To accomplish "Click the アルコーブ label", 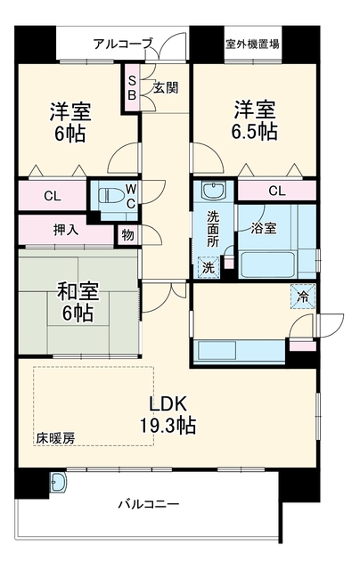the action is (x=123, y=44).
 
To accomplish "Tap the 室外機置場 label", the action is (x=253, y=45).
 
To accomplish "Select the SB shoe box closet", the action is (x=132, y=88).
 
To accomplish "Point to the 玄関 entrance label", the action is (x=166, y=87).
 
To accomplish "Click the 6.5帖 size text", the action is (x=255, y=131).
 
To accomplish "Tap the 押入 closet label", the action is (x=66, y=230).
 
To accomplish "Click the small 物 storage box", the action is (x=127, y=235).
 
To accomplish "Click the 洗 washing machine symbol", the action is (x=209, y=267).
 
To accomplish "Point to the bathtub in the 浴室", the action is (x=268, y=265).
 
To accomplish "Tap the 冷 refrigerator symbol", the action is (x=303, y=297).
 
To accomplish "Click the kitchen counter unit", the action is (x=240, y=352).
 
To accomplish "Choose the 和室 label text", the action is (x=78, y=291).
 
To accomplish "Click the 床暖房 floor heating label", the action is (x=55, y=438).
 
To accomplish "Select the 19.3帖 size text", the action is (x=168, y=425).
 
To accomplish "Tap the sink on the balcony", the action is (x=60, y=483).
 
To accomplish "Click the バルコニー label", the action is (x=149, y=505).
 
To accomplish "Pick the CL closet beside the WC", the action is (x=53, y=196).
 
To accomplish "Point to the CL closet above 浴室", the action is (x=277, y=190).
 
